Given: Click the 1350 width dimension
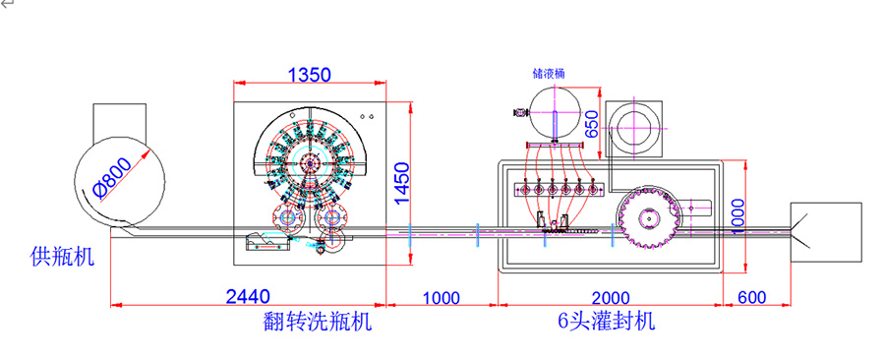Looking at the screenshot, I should [x=309, y=74].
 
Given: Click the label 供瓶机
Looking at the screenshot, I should [x=62, y=258].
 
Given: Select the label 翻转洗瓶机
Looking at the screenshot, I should [x=313, y=322].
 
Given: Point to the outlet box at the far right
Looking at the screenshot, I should [x=828, y=233].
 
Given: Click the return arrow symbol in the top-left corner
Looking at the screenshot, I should [x=7, y=6].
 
